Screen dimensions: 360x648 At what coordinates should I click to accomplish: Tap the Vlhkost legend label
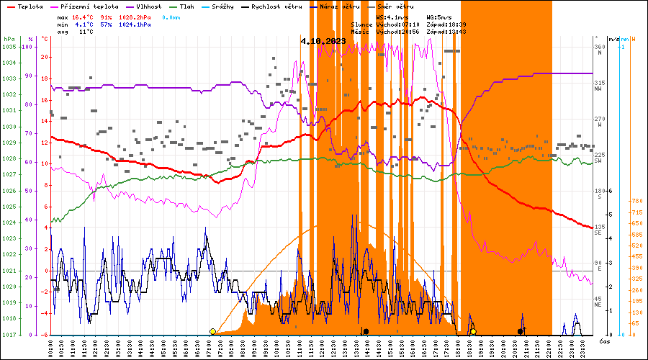148,6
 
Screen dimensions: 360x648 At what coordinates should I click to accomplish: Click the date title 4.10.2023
323,41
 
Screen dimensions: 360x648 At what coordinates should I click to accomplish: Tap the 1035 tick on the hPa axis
9,47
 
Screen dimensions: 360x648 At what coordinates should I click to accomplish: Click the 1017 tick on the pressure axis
9,335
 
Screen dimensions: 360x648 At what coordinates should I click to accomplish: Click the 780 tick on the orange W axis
636,202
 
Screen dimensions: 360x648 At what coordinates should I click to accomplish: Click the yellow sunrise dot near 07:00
212,331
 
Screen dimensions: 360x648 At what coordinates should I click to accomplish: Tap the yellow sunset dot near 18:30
473,331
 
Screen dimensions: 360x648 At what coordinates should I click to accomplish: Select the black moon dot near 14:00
366,331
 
